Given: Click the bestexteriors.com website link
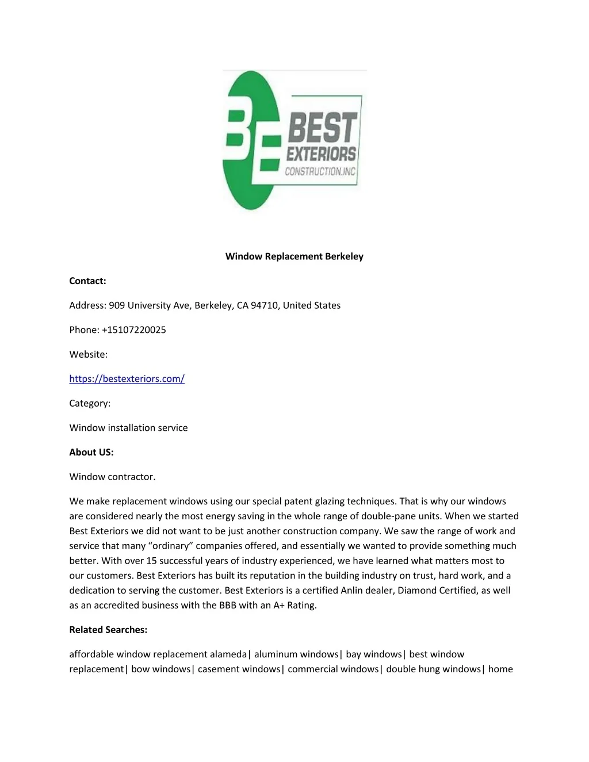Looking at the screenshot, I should [x=127, y=379].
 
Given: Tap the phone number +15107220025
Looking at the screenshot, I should [x=133, y=330].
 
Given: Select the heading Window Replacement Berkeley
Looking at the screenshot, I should [x=294, y=256].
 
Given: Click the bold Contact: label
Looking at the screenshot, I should [x=87, y=281].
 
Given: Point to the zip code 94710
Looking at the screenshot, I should [x=265, y=305].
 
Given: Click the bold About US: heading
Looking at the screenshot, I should [x=91, y=453].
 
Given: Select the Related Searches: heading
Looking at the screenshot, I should [x=108, y=630].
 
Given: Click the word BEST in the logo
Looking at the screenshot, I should [x=322, y=128].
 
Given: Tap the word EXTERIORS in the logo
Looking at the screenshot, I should [x=321, y=154].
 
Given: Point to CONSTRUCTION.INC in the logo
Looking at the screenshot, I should [x=320, y=171].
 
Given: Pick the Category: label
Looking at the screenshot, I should [x=90, y=404].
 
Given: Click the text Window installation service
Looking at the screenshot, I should [x=128, y=428].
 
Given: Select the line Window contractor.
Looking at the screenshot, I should [x=112, y=477].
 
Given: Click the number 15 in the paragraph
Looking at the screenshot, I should [x=151, y=561].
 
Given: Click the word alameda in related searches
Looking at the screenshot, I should [x=228, y=654].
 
